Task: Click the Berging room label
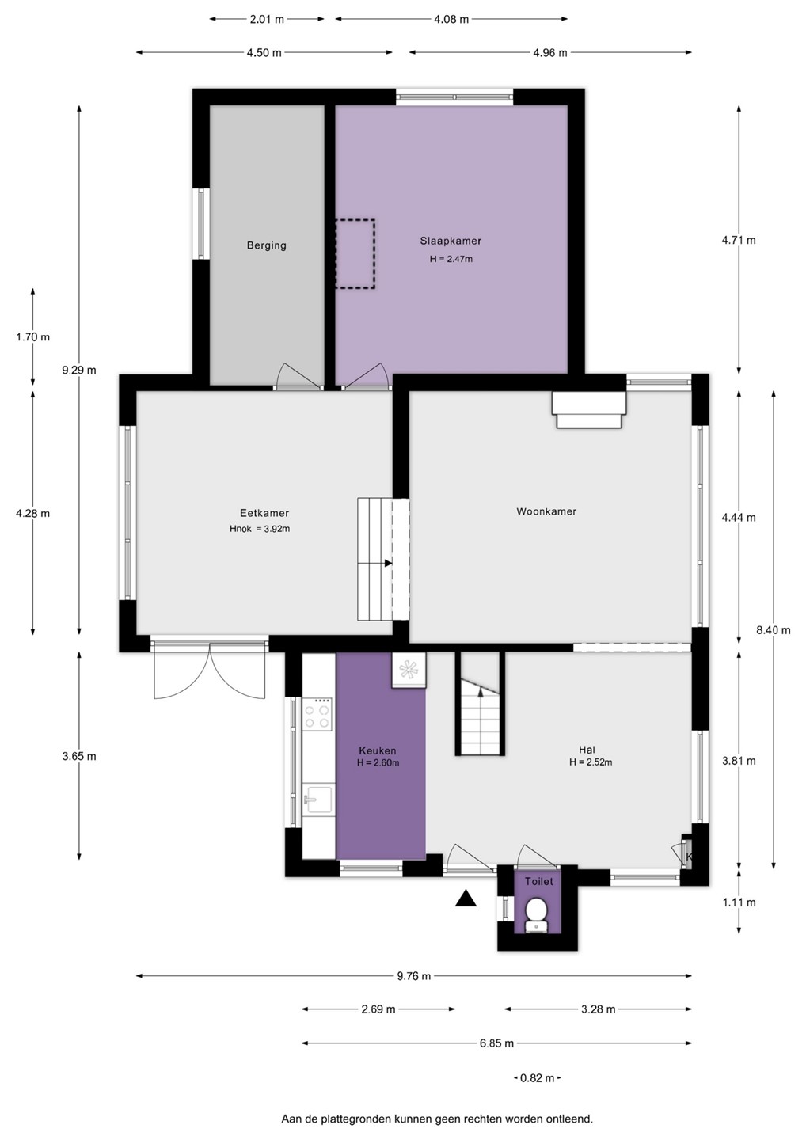click(x=267, y=245)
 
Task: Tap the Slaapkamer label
click(x=451, y=241)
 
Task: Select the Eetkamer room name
click(x=264, y=513)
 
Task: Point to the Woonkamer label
click(x=546, y=511)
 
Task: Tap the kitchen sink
click(x=318, y=800)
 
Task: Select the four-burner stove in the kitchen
click(x=317, y=715)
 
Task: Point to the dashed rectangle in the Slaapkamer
click(x=355, y=254)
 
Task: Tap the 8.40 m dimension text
click(x=774, y=630)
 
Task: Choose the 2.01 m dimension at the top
click(x=267, y=19)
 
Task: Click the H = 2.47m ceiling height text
click(x=451, y=259)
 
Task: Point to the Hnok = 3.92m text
click(x=260, y=529)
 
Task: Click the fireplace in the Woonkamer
click(x=589, y=410)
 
